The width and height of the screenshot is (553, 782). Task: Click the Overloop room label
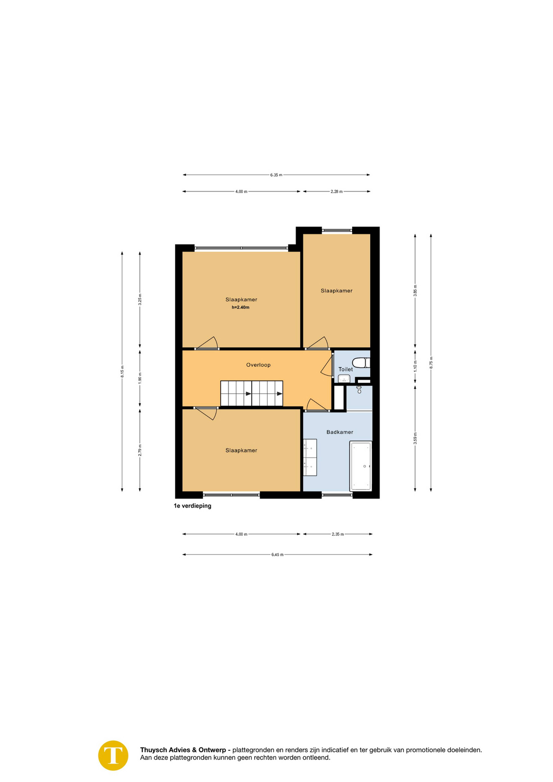(x=258, y=365)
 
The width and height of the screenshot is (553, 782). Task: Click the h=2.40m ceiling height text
(x=240, y=307)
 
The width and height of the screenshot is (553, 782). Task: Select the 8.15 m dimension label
(x=122, y=371)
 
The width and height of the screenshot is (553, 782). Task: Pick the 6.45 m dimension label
(x=277, y=554)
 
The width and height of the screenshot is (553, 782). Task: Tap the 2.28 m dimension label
(x=336, y=191)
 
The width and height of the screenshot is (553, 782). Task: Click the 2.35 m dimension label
(x=338, y=534)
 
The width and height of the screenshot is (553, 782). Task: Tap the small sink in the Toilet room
(x=344, y=378)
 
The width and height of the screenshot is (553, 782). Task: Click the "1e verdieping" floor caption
(x=192, y=506)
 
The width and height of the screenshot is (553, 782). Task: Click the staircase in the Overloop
(x=252, y=393)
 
